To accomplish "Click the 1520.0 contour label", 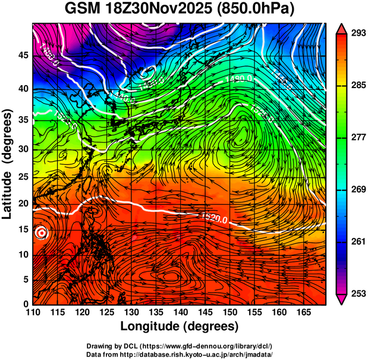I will click(215, 219).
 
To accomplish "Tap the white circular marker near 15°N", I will click(41, 233).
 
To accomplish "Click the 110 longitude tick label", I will click(33, 312).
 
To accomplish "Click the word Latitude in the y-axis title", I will click(7, 188).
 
